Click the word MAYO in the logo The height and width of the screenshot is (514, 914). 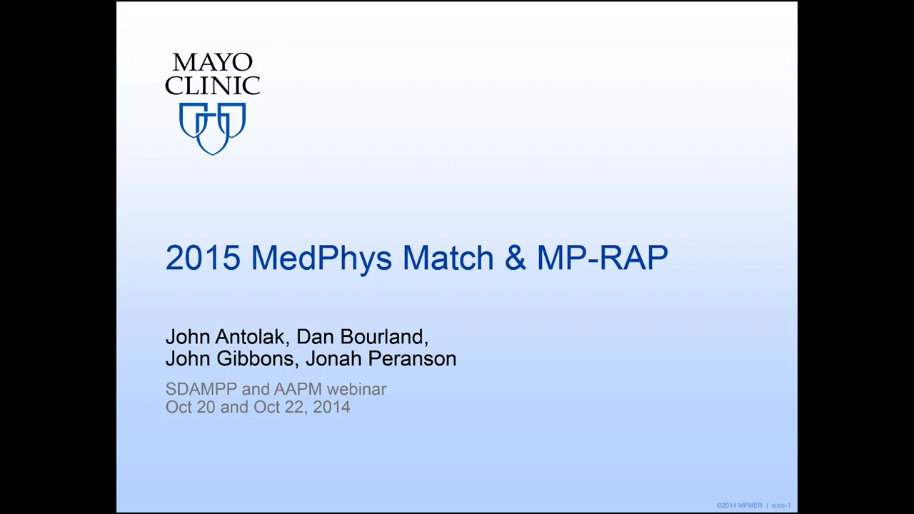click(212, 63)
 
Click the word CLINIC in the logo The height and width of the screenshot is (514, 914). click(212, 86)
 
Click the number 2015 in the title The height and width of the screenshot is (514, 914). click(203, 258)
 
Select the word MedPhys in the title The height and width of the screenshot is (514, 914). click(321, 258)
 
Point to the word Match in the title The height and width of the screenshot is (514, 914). click(448, 258)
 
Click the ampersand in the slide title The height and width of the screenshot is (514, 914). click(515, 258)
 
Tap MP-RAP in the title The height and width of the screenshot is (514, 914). click(602, 258)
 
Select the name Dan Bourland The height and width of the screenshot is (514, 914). click(361, 337)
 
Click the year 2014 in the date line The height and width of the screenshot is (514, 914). click(331, 407)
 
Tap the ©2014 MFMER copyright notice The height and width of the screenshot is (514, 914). click(739, 505)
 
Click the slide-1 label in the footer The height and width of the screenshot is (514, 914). click(780, 505)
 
